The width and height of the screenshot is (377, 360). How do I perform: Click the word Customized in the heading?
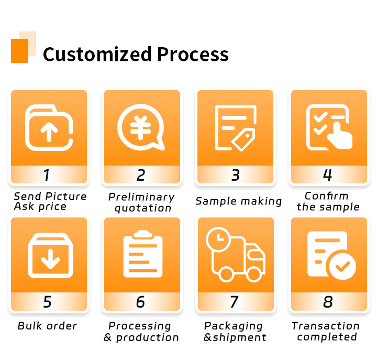97,54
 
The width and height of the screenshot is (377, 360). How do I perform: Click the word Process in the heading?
193,54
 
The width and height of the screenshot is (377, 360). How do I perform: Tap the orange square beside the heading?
19,51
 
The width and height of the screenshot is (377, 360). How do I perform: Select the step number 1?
47,174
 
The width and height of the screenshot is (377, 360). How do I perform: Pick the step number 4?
327,174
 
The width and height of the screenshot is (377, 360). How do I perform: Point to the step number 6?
140,302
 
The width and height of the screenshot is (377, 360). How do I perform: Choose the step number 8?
328,302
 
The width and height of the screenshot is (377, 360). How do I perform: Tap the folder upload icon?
49,128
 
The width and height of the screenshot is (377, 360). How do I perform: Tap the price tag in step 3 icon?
243,140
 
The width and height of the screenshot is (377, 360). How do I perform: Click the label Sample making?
238,201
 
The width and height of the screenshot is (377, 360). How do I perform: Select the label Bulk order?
47,326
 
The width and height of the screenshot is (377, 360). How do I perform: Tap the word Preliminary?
141,197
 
